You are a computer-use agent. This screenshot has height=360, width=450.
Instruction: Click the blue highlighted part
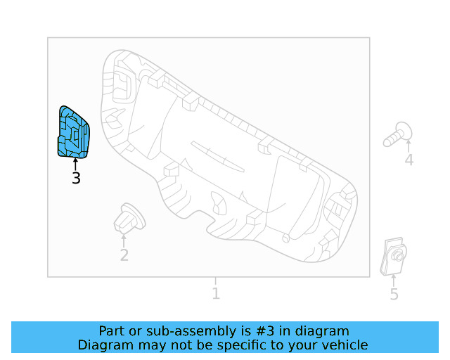72,132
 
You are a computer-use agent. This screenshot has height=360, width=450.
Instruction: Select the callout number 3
76,179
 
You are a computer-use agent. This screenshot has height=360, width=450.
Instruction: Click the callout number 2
124,255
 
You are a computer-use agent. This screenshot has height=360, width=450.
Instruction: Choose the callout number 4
409,161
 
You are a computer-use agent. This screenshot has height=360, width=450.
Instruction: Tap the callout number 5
394,295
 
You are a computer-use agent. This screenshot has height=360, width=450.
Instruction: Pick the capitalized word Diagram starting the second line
105,345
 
